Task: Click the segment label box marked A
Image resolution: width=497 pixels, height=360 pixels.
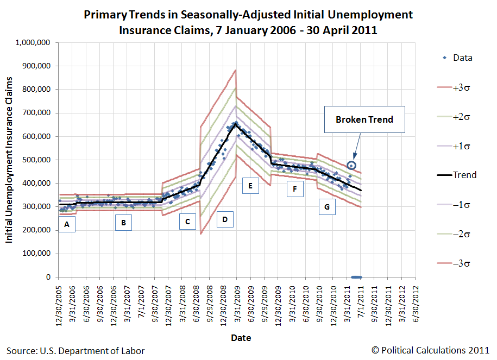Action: (66, 224)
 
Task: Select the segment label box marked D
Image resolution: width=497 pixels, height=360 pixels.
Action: (224, 220)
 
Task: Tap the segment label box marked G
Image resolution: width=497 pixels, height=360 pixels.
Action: (326, 207)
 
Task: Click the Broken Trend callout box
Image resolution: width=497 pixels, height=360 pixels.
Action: (365, 119)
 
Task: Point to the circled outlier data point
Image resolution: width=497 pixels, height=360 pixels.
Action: (351, 165)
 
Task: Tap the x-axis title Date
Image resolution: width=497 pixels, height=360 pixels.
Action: (241, 338)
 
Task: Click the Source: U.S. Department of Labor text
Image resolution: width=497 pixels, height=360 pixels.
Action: (76, 351)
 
